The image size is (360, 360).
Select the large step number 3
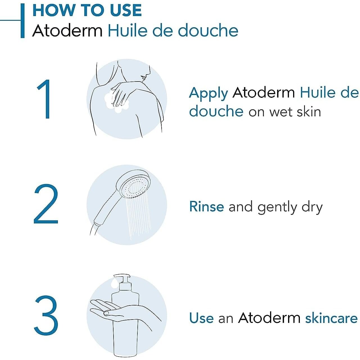[x=46, y=314]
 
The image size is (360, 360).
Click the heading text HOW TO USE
[x=87, y=10]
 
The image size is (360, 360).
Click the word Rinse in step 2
[x=207, y=207]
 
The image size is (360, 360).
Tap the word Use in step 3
[x=201, y=318]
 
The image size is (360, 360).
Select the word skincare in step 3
[x=331, y=318]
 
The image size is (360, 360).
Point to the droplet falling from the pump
[x=114, y=282]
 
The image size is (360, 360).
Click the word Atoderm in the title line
[x=67, y=30]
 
